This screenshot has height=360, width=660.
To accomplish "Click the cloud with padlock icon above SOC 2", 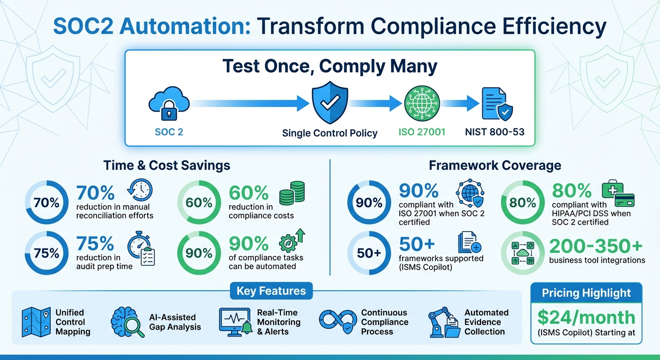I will [169, 105].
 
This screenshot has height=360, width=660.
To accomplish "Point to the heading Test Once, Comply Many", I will [330, 67].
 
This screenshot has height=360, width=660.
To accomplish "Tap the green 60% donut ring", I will [199, 203].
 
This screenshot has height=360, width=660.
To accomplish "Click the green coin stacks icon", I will [292, 193].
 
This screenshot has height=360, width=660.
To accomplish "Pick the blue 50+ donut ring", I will [369, 253].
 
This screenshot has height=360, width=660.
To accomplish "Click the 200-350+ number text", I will [597, 246].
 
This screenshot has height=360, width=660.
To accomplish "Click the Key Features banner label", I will [271, 291].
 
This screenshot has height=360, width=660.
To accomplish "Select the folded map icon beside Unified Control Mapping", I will [36, 322].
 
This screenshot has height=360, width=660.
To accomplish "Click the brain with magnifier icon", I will [125, 322].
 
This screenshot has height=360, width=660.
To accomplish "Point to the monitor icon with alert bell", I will [234, 322].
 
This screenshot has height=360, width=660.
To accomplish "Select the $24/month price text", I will [586, 317].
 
